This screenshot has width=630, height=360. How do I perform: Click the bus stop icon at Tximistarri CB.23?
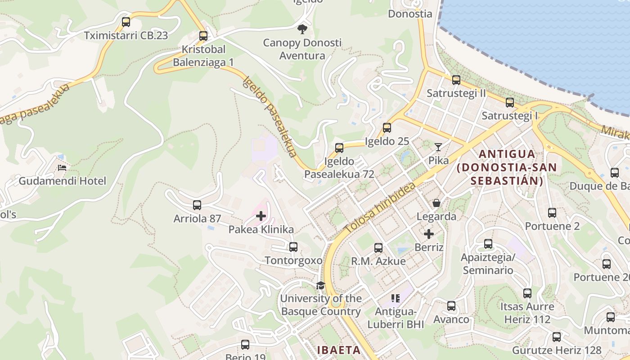126,22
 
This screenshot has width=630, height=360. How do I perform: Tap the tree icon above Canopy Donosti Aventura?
302,29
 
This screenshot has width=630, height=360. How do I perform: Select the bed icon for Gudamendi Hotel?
62,168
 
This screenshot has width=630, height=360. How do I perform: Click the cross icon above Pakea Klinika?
261,216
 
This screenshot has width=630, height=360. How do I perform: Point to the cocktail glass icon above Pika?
438,147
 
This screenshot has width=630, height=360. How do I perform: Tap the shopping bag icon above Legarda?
436,203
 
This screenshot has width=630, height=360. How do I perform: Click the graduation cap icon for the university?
320,285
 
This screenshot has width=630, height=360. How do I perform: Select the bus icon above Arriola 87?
197,205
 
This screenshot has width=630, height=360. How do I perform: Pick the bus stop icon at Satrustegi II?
456,80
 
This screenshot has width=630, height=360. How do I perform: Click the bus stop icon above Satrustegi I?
510,103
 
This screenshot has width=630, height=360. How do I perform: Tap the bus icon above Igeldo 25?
387,128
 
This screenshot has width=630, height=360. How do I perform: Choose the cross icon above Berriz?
429,234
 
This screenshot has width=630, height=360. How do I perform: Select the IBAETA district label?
339,350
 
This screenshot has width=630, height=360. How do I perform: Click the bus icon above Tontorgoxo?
293,247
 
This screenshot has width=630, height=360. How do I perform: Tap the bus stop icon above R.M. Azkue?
378,247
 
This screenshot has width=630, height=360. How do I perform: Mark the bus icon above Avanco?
451,306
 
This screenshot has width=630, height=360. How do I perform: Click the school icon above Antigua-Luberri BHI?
396,298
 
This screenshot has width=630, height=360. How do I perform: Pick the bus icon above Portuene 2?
552,213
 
